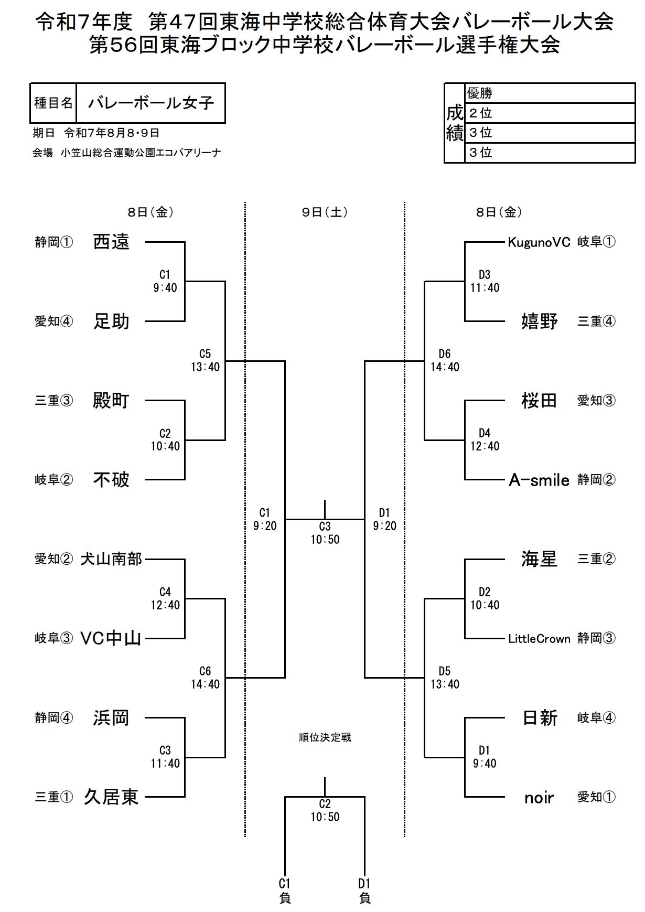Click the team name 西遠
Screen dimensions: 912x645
tap(111, 242)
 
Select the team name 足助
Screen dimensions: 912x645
tap(111, 321)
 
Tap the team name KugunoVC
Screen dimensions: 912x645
tap(539, 242)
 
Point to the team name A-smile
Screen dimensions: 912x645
tap(539, 480)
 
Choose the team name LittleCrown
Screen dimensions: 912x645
tap(539, 639)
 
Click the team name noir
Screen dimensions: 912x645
tap(539, 797)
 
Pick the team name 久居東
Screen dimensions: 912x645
tap(111, 797)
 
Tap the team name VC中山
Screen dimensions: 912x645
tap(111, 638)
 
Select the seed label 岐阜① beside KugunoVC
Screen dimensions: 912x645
tap(596, 242)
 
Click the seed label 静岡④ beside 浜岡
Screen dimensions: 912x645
tap(54, 717)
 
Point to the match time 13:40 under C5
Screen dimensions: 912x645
tap(205, 367)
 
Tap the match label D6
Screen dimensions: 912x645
tap(445, 354)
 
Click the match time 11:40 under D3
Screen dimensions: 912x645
tap(485, 288)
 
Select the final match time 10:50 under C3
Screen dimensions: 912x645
tap(325, 540)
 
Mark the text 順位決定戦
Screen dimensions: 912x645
tap(325, 737)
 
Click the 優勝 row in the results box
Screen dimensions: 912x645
tap(550, 93)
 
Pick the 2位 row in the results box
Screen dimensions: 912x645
tap(550, 113)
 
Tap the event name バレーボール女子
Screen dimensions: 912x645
tap(151, 103)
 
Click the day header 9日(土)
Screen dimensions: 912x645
tap(325, 212)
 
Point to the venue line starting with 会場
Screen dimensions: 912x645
tap(126, 153)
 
